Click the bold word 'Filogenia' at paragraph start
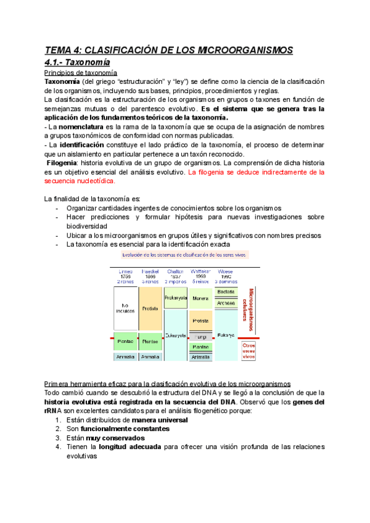pos(65,163)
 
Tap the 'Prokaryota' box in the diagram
pos(176,298)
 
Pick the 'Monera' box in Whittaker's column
pos(200,299)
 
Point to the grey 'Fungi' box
pos(200,337)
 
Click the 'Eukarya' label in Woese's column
pos(226,336)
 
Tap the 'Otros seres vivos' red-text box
pos(249,350)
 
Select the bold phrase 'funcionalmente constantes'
pos(117,429)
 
